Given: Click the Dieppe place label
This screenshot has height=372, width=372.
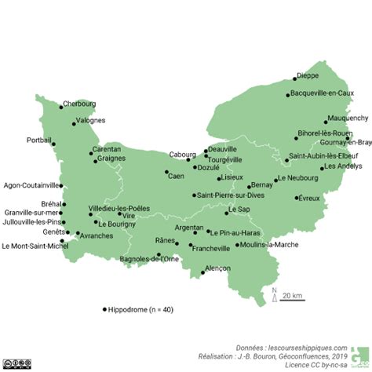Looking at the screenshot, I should click(308, 76).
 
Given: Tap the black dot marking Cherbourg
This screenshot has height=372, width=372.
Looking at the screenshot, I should click(59, 107).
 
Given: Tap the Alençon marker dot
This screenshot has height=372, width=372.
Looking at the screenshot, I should click(202, 272).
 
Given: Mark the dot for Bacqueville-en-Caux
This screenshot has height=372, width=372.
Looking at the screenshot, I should click(287, 95).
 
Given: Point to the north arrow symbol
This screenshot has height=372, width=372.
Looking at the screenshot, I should click(275, 296).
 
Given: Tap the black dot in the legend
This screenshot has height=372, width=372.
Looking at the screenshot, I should click(104, 309).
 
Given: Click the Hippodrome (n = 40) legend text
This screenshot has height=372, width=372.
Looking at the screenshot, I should click(142, 309).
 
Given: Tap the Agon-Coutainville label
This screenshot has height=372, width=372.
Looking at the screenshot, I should click(31, 186).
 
